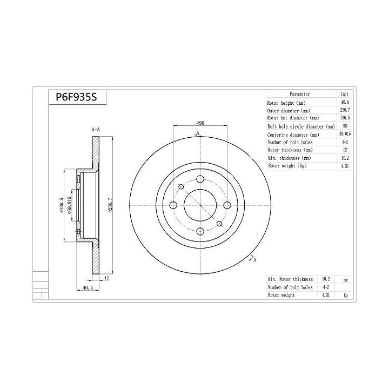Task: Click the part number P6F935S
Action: [x=76, y=97]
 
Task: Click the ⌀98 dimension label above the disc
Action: [x=200, y=123]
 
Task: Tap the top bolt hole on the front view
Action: [x=200, y=179]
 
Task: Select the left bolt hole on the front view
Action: [x=173, y=205]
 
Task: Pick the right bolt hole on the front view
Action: [x=227, y=205]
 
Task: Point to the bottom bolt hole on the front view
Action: [x=200, y=232]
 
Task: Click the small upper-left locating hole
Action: [x=181, y=186]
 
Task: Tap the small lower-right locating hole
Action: [x=219, y=224]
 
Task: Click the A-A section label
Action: [x=96, y=130]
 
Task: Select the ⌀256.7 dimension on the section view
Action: [x=110, y=205]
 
